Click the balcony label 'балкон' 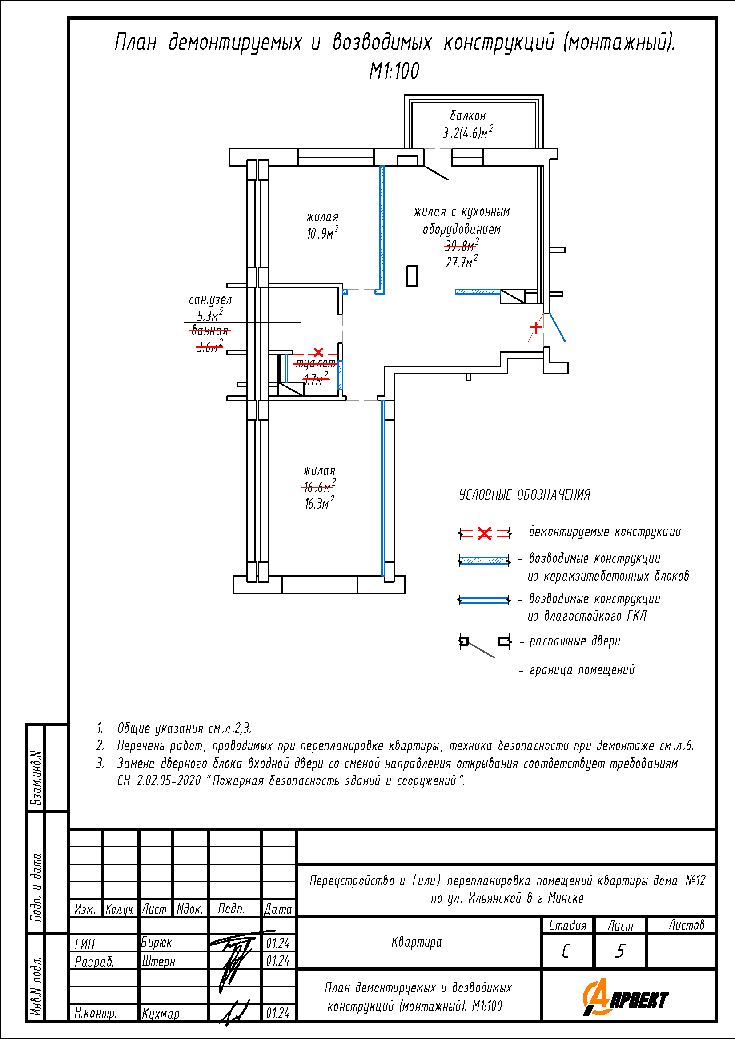(467, 116)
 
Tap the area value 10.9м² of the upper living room (322, 233)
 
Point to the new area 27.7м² (462, 262)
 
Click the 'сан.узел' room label (210, 299)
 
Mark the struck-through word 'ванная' (210, 330)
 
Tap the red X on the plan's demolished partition (318, 352)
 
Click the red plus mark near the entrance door (536, 327)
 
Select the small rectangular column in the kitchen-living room (412, 275)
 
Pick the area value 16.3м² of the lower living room (319, 503)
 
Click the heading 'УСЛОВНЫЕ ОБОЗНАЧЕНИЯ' (525, 494)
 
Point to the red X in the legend (485, 533)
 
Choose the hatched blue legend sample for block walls (484, 561)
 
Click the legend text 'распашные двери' (574, 641)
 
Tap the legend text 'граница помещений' (582, 670)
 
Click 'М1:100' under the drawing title (394, 71)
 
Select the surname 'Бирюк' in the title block (156, 943)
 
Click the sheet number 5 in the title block (620, 951)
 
